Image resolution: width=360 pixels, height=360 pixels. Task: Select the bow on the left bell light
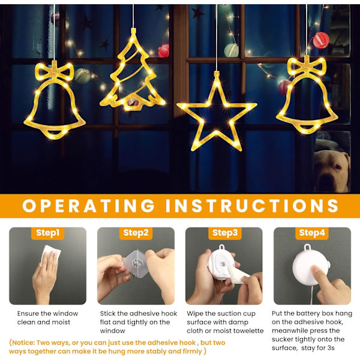click(x=55, y=71)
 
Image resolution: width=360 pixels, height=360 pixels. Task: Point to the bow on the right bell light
click(x=307, y=66)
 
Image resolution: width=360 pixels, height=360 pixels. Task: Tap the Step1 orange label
click(x=48, y=233)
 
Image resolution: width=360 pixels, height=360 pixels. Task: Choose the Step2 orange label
click(x=136, y=233)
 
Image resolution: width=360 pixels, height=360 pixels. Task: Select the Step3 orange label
click(x=225, y=233)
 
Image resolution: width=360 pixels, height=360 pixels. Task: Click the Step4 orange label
click(x=312, y=233)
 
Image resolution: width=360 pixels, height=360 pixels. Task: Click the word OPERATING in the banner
click(x=88, y=206)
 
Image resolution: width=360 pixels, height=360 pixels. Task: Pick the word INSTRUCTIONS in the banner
click(x=252, y=206)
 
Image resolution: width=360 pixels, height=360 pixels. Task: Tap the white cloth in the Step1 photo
click(x=52, y=254)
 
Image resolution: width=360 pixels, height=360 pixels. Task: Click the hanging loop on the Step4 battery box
click(x=307, y=247)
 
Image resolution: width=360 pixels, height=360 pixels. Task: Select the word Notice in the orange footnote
click(x=23, y=343)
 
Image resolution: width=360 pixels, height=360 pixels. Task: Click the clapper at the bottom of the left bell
click(x=54, y=133)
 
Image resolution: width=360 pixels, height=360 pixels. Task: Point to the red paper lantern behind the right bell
click(x=321, y=40)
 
